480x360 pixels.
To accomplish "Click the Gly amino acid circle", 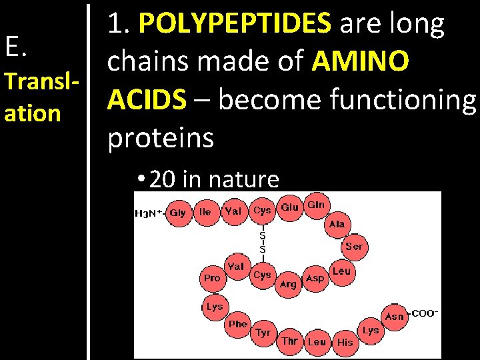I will point(178,213).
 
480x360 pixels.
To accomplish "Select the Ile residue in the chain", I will point(205,212).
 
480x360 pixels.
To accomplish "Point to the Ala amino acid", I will point(337,224).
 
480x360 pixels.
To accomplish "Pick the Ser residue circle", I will point(354,247).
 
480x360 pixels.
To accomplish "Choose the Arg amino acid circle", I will point(288,284).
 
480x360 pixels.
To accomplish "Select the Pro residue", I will point(212,277).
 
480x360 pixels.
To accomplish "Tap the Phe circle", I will point(238,324).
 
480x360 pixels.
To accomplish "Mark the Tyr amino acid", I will point(263,332).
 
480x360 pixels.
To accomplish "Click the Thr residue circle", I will point(290,341).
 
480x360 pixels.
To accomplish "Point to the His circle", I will point(345,342).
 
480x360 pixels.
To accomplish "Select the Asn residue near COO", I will point(395,316).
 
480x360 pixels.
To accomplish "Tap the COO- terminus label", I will point(425,313).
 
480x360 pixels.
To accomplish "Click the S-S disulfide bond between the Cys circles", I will point(262,241).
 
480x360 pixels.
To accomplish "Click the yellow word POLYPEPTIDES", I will point(235,24).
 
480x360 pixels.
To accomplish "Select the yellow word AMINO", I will point(361,62).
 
